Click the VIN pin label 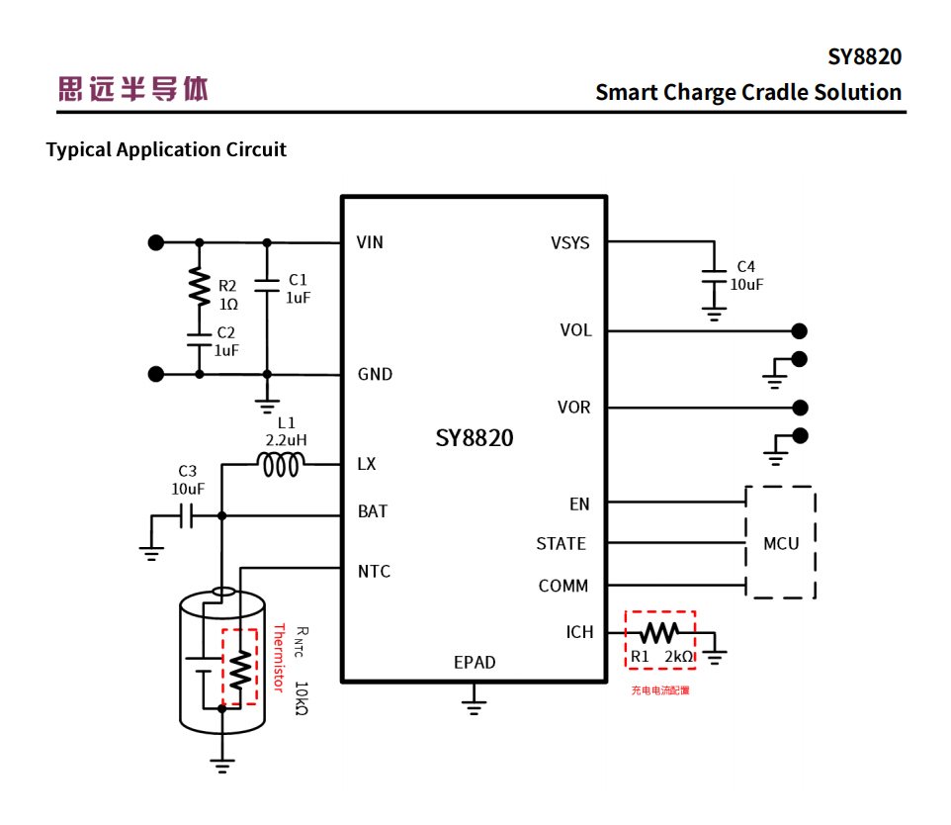tap(370, 242)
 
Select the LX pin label tap(367, 464)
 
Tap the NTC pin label tap(374, 571)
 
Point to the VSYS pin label tap(570, 242)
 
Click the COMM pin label tap(563, 586)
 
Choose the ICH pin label tap(579, 632)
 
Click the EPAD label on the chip tap(475, 662)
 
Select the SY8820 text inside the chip tap(475, 437)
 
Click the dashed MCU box tap(781, 542)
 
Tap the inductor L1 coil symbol tap(280, 464)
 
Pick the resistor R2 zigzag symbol tap(200, 288)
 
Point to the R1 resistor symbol tap(660, 631)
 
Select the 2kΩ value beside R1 tap(679, 656)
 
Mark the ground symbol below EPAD tap(475, 704)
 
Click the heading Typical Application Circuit tap(166, 149)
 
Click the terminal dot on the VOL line tap(800, 330)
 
